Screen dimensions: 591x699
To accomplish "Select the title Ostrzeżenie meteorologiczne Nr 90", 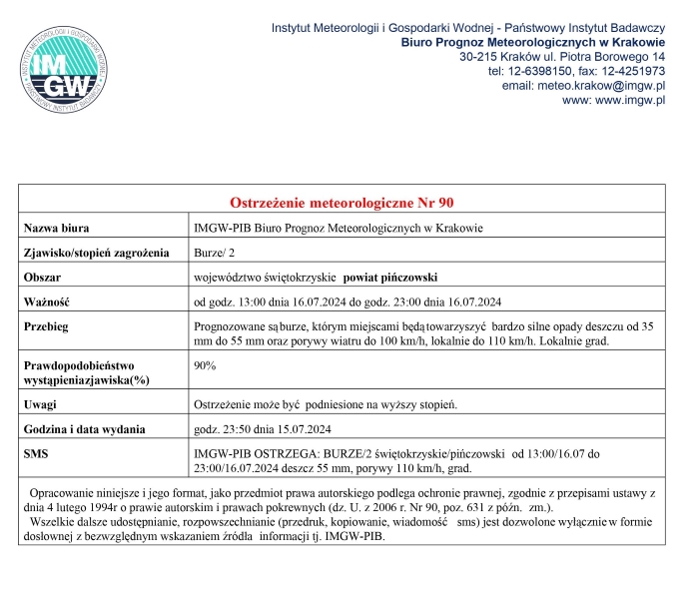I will [x=342, y=201].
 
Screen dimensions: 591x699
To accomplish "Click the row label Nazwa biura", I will [x=58, y=229].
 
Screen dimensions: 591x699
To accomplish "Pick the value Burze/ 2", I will [x=215, y=253].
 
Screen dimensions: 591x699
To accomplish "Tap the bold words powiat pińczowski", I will [x=390, y=277].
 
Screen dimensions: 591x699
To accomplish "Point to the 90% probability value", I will [x=205, y=366].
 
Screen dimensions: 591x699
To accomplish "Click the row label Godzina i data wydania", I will [x=86, y=429].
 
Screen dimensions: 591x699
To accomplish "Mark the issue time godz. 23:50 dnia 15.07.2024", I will [x=262, y=429].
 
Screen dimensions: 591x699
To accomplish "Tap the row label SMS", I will [x=38, y=453].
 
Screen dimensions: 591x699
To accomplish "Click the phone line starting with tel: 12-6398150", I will [x=576, y=72].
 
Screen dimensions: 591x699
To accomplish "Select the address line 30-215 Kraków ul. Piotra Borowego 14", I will [x=562, y=57].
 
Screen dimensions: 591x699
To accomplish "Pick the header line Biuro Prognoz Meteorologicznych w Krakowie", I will [x=533, y=42].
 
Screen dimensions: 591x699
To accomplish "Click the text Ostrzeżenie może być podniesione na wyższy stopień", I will [x=325, y=404].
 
